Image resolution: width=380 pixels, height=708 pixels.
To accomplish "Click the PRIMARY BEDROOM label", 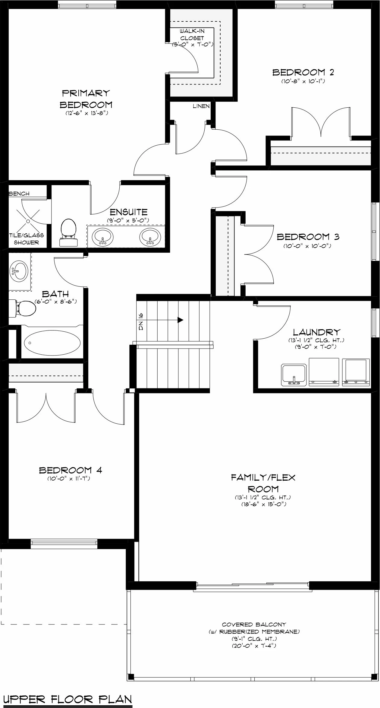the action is pyautogui.click(x=86, y=99).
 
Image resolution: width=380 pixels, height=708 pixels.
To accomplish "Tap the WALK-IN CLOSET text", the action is pyautogui.click(x=192, y=34).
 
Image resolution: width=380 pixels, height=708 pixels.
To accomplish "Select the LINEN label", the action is pyautogui.click(x=201, y=106).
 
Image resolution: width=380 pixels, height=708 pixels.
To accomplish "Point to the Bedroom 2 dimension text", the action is pyautogui.click(x=303, y=81).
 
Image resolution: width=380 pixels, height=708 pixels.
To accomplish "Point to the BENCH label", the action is pyautogui.click(x=19, y=194).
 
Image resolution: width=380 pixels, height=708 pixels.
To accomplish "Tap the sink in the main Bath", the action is pyautogui.click(x=19, y=271).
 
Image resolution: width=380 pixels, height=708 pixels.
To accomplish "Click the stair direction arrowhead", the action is pyautogui.click(x=181, y=320).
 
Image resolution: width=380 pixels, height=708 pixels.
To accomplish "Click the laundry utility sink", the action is pyautogui.click(x=294, y=375).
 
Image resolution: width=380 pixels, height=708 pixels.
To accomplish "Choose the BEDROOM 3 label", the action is pyautogui.click(x=308, y=237).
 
